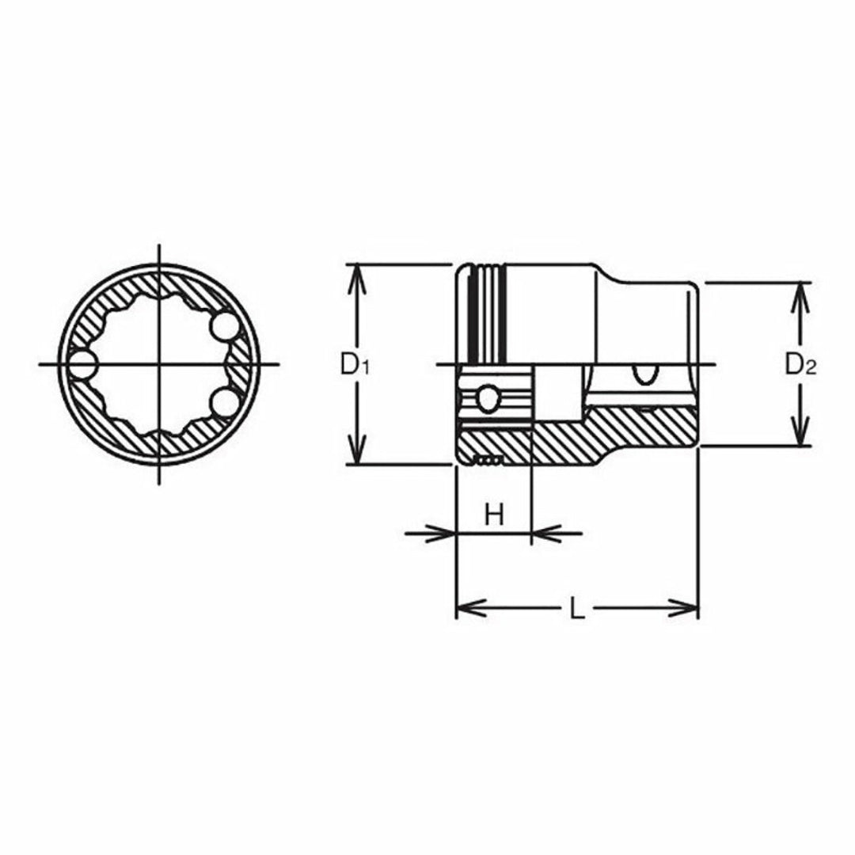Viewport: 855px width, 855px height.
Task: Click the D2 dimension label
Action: (x=800, y=365)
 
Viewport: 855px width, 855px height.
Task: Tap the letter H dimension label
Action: (x=494, y=515)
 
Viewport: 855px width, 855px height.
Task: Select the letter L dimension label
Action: (x=578, y=610)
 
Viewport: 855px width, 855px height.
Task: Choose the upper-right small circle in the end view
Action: (x=223, y=326)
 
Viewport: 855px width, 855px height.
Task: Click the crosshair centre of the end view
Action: (x=159, y=365)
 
